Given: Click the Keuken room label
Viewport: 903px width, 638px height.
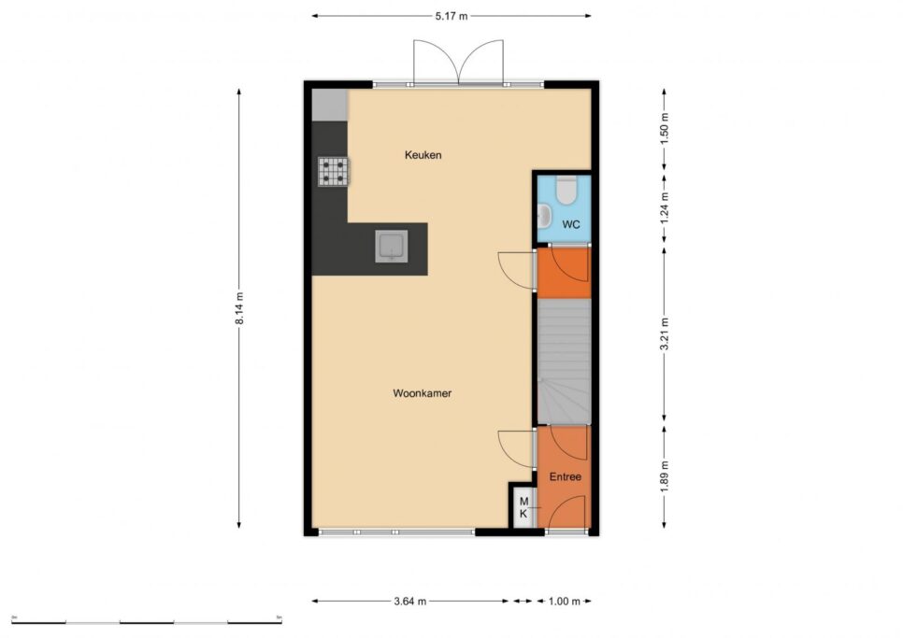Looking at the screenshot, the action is (x=423, y=155).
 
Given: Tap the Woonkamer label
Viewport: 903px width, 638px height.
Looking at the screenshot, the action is (x=423, y=393).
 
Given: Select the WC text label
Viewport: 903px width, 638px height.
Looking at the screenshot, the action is (x=571, y=224).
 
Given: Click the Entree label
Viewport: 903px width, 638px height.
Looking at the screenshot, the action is (x=565, y=477).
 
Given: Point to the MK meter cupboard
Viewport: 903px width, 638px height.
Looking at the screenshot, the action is (x=523, y=507).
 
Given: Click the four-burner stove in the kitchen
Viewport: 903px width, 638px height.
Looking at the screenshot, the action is (x=333, y=172).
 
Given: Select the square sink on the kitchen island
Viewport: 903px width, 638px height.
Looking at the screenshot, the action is (x=392, y=247).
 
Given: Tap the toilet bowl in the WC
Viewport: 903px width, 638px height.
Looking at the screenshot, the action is (x=566, y=191).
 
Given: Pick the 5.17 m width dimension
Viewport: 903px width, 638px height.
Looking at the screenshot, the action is (x=451, y=16).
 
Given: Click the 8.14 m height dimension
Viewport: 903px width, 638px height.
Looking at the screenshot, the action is (x=239, y=308).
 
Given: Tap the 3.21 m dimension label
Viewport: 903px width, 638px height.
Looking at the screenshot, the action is (x=665, y=334).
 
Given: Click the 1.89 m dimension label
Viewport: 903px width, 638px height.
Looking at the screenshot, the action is (x=665, y=476).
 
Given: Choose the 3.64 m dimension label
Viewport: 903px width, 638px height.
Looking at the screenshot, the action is (x=410, y=602).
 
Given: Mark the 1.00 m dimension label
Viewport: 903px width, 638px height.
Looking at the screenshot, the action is (x=565, y=602).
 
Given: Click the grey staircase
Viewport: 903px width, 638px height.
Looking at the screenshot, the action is (x=565, y=362).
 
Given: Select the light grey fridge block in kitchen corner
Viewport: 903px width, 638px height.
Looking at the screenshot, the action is (x=329, y=105).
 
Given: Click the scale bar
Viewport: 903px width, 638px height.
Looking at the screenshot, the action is (x=147, y=622).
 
